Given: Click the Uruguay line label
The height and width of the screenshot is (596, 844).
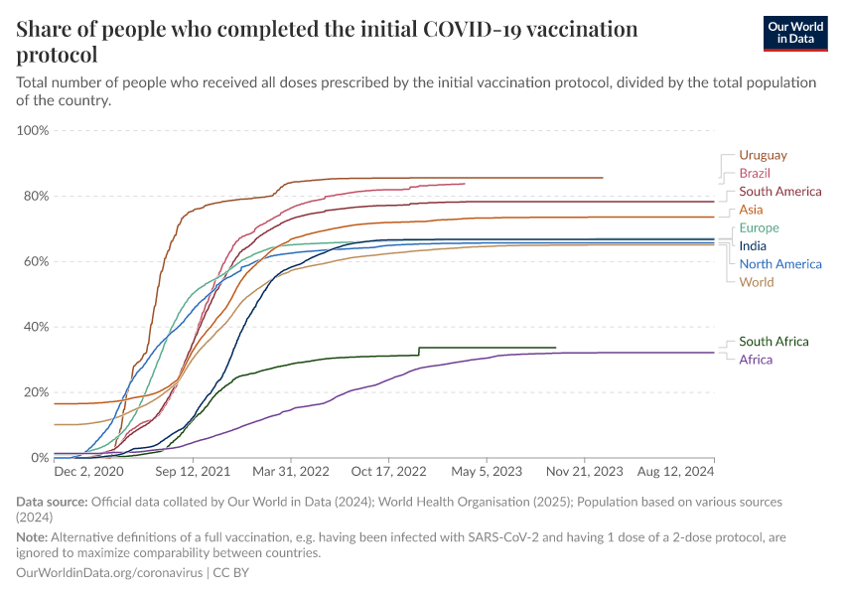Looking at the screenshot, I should (x=763, y=155).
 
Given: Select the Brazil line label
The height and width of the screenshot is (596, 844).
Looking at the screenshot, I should (x=755, y=174).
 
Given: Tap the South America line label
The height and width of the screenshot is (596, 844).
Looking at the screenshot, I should (x=779, y=192).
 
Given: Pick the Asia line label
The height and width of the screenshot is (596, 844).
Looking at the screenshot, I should (x=751, y=210).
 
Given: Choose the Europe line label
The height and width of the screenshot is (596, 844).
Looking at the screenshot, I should (x=759, y=228).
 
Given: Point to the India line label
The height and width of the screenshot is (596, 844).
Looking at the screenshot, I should (x=753, y=246).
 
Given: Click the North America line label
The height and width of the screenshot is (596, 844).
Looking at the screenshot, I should (x=779, y=264).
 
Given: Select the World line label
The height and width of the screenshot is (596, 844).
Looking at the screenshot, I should (x=756, y=282).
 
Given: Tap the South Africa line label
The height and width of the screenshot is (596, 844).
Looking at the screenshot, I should (x=774, y=342).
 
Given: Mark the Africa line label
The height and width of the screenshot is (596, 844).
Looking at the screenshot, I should (x=756, y=360).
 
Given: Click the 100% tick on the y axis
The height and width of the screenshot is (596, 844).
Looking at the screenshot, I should (x=33, y=130).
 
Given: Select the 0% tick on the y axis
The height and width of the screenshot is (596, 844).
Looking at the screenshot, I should (x=40, y=458).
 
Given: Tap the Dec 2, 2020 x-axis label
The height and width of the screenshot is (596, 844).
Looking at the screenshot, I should (x=88, y=474).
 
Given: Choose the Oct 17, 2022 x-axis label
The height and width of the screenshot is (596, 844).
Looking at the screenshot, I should (x=390, y=474).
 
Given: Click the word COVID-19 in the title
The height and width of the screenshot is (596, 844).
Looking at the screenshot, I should (x=481, y=29).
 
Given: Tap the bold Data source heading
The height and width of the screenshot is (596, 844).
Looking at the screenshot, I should (x=57, y=502).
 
